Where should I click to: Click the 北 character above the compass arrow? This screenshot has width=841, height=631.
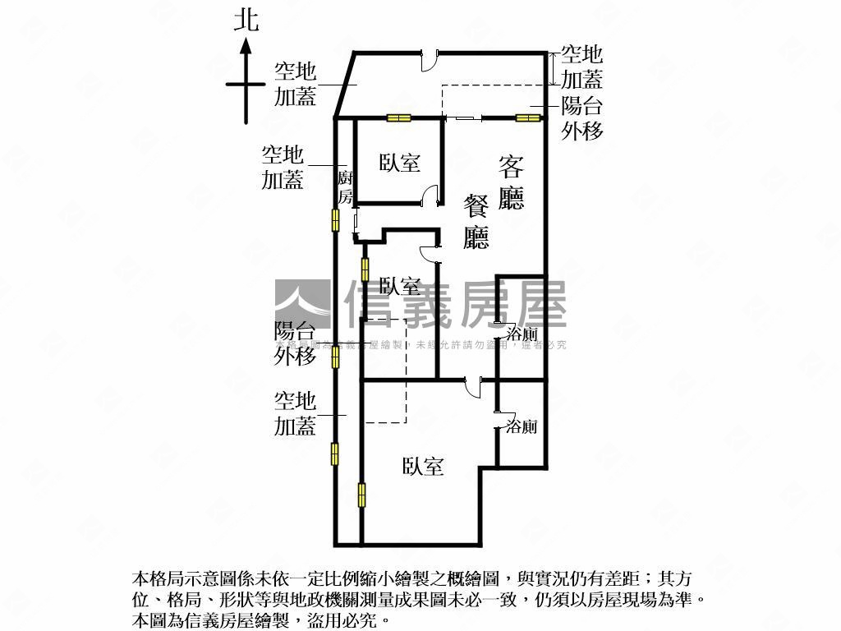[x=246, y=20]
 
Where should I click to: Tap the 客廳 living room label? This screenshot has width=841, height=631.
[x=511, y=182]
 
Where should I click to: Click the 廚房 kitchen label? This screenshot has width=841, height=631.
[x=346, y=187]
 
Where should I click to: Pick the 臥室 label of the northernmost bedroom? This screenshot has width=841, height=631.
[x=400, y=162]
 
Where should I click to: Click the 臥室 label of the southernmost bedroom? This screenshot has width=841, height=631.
[x=423, y=467]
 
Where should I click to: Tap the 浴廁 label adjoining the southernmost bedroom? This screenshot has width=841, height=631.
[x=522, y=426]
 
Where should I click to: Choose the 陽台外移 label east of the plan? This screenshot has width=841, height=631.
[x=581, y=118]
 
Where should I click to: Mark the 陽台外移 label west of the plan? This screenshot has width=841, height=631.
[x=295, y=343]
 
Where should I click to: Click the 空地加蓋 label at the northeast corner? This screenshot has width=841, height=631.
[x=581, y=67]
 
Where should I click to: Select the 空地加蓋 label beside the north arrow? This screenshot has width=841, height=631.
[x=295, y=85]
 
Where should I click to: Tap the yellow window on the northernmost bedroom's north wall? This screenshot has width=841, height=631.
[x=398, y=117]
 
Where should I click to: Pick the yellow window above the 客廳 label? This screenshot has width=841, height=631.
[x=528, y=117]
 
